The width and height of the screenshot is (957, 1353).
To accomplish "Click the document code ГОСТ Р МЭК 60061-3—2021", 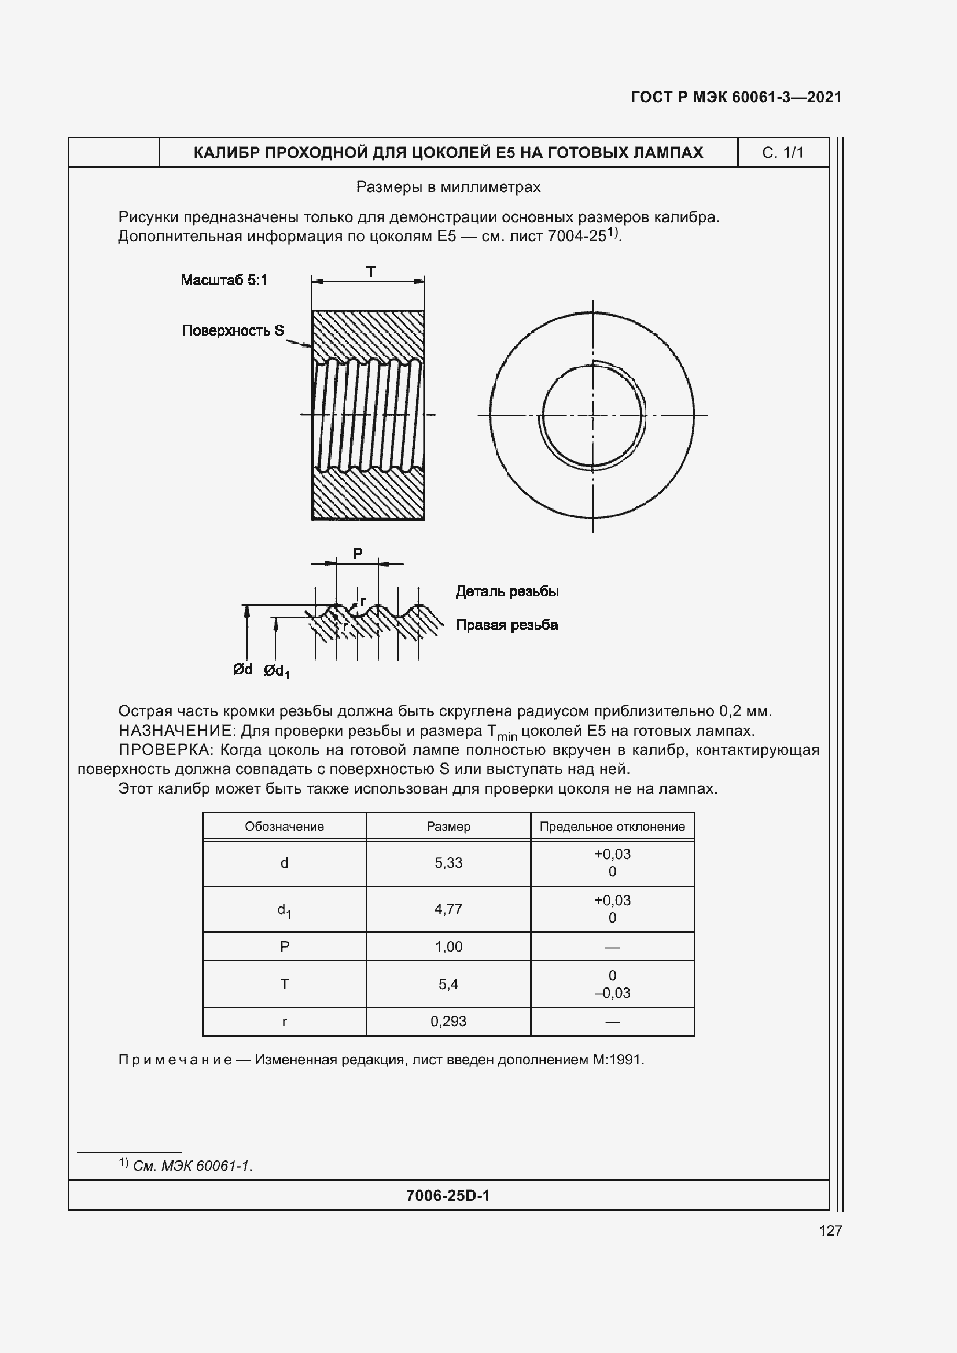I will [x=736, y=97].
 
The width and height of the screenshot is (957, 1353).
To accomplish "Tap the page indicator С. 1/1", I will [x=783, y=153].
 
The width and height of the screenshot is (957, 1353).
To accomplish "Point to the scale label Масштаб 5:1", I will [x=224, y=281].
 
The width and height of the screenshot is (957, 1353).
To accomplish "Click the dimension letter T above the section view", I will [x=371, y=272].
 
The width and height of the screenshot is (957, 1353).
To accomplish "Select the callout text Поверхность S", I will [x=233, y=331].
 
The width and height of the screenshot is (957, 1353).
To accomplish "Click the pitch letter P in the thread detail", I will [x=358, y=555].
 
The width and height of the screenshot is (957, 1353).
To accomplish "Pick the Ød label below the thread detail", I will [x=242, y=669].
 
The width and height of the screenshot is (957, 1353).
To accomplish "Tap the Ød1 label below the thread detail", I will [x=277, y=670].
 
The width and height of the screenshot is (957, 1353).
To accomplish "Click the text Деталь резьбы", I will [x=507, y=592].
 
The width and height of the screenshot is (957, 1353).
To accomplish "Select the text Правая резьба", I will [x=507, y=625].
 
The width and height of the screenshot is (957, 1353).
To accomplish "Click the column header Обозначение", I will [x=284, y=827].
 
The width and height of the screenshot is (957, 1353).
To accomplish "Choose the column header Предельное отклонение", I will [x=612, y=827].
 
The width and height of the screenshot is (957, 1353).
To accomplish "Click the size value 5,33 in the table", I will [x=448, y=863].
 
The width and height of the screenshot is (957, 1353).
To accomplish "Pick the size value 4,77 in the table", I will [x=448, y=909].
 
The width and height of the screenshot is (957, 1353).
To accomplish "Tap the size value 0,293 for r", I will [x=448, y=1021].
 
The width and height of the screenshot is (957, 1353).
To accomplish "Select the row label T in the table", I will [x=285, y=984].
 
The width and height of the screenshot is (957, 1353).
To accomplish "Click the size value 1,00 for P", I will [x=448, y=947].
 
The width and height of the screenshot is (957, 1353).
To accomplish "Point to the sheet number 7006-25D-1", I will [x=448, y=1196].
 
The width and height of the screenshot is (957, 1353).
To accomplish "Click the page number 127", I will [x=830, y=1230].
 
